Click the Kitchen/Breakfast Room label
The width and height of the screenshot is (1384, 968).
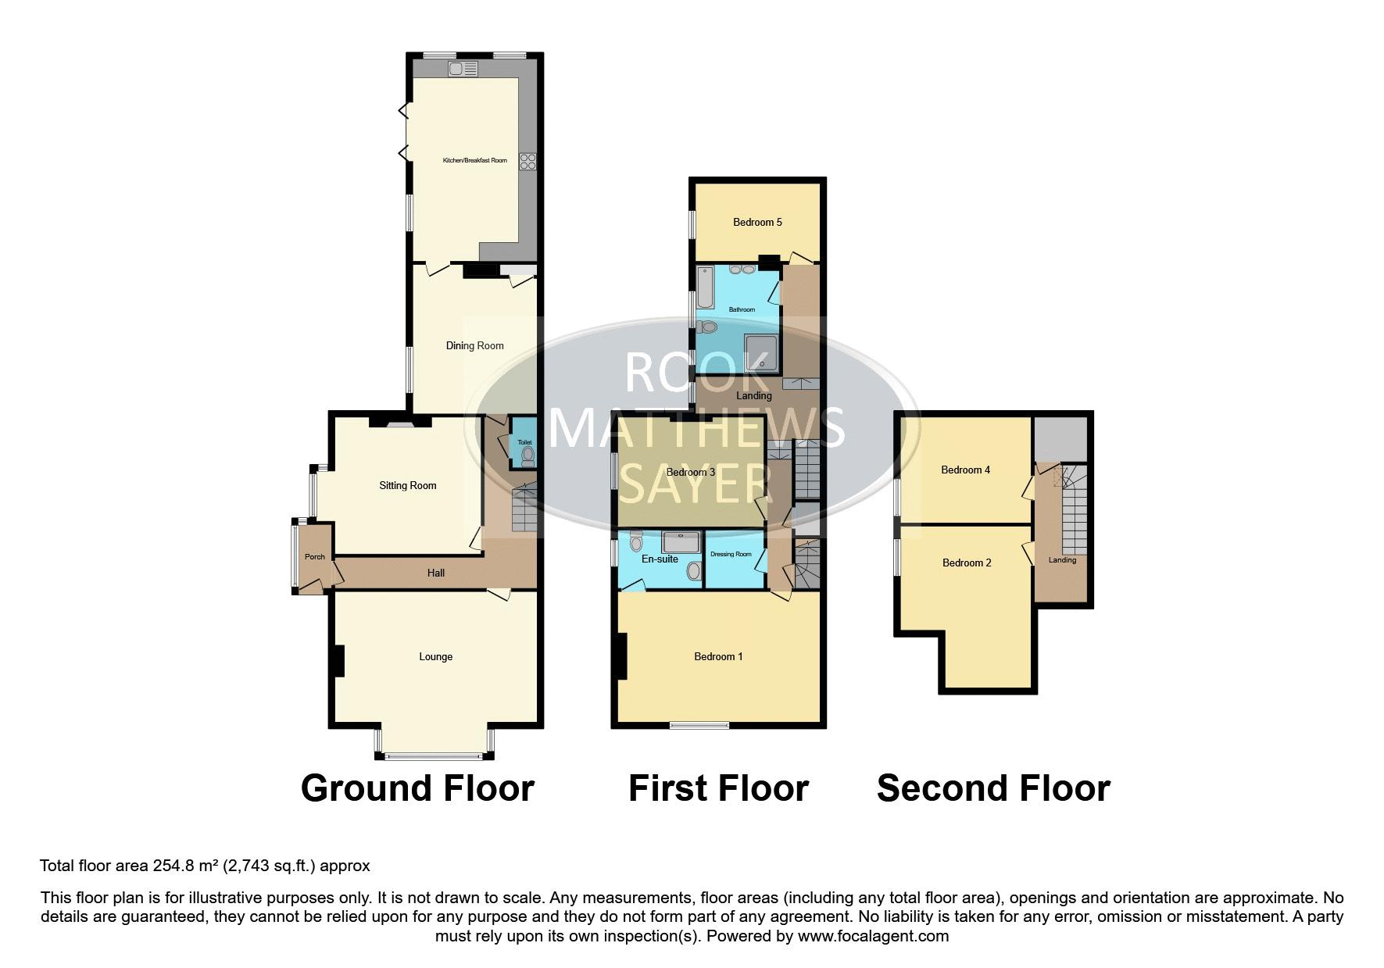(474, 160)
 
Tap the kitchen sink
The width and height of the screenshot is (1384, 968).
(463, 69)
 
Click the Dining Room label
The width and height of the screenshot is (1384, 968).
(474, 345)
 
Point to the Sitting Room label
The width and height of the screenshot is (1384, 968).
(408, 485)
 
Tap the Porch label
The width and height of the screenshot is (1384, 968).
(314, 556)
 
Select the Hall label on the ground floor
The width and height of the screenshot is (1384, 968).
(436, 573)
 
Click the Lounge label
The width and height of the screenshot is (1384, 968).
(436, 656)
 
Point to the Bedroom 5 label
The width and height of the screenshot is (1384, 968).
(757, 222)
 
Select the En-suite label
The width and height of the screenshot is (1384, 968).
(660, 559)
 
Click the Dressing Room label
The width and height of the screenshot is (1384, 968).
(731, 554)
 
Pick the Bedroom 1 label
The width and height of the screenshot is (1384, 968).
(718, 656)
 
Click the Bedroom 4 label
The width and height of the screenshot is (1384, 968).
(965, 470)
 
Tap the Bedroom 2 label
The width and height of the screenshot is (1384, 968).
(967, 563)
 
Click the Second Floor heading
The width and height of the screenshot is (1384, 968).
(993, 788)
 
